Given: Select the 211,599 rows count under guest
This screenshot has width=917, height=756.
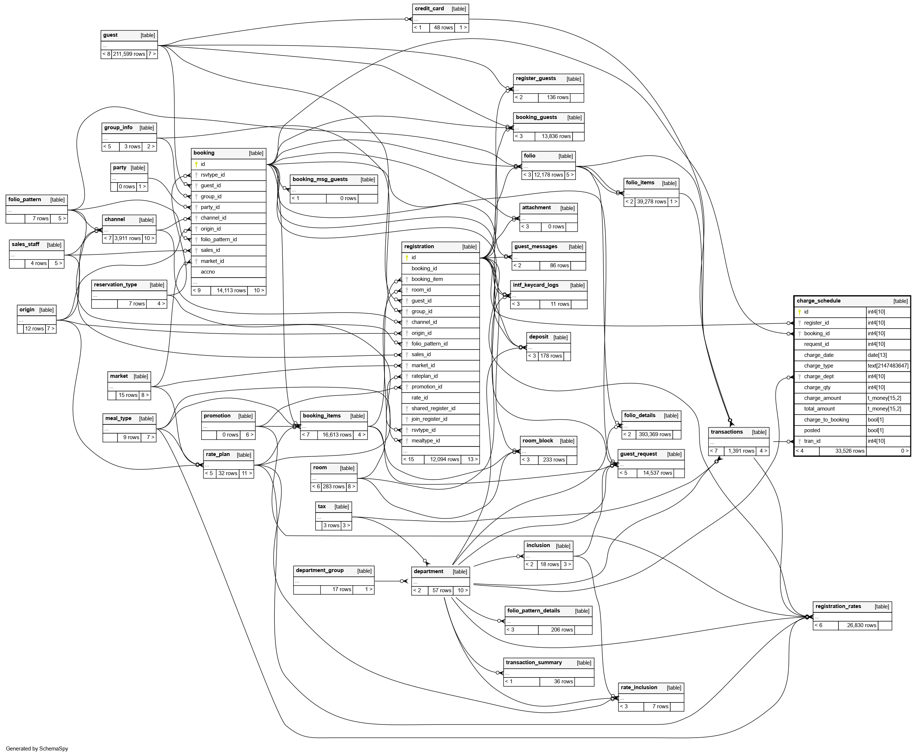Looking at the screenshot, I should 129,54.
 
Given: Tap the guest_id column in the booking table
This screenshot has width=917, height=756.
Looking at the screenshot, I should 210,185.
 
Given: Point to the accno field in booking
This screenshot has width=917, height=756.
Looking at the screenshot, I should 207,272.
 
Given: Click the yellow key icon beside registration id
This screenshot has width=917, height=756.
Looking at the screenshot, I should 407,257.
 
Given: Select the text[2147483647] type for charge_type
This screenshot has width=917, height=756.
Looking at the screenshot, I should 887,366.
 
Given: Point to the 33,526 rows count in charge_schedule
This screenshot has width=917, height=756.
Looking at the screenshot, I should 849,451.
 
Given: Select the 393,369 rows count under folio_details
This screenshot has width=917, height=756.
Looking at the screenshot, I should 654,434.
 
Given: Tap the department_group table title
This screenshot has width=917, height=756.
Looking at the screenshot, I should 319,571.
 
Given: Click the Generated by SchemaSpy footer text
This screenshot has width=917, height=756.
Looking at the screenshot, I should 37,749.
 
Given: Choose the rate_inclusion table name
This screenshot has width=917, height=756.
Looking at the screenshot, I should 639,688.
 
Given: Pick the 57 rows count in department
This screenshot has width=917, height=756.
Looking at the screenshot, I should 441,590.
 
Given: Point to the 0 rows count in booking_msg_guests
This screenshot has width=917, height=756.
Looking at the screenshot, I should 348,198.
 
